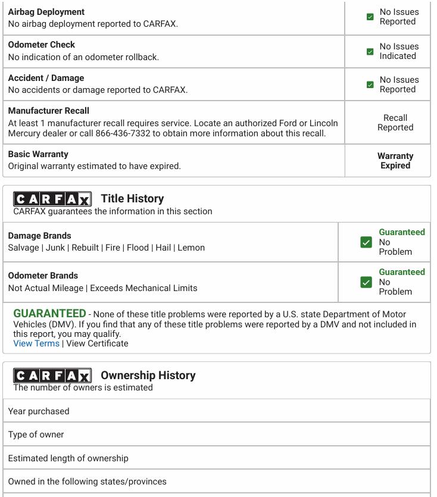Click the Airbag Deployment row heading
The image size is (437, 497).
click(46, 12)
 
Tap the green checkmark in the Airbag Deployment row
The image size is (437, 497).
click(370, 17)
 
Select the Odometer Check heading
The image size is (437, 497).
click(42, 45)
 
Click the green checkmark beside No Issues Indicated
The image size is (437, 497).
click(370, 51)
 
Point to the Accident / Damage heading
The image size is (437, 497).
click(46, 78)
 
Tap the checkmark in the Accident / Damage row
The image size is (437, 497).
click(370, 85)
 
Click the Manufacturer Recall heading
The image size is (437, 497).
click(49, 111)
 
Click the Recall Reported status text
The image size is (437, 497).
click(395, 123)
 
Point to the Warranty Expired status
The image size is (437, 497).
click(395, 161)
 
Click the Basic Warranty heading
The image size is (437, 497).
click(38, 154)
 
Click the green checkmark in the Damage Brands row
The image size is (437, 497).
click(366, 242)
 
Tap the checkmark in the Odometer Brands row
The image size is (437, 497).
click(366, 282)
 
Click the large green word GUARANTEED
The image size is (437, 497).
click(49, 314)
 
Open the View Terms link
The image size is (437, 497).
click(36, 343)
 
